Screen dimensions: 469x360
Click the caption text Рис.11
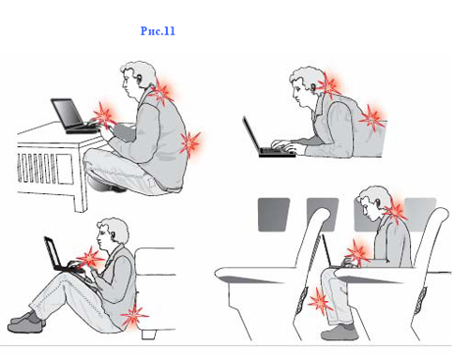(x=158, y=31)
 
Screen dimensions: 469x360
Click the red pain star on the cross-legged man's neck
(x=162, y=92)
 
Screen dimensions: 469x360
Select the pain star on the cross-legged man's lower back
(x=189, y=143)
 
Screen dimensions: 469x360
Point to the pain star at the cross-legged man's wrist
(x=103, y=115)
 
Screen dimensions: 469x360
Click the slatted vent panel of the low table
(x=37, y=169)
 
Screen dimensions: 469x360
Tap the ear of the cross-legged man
(x=139, y=79)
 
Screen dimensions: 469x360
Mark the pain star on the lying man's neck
(x=330, y=83)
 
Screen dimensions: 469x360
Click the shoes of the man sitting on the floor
(x=26, y=322)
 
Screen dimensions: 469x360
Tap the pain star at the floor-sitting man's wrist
(x=90, y=258)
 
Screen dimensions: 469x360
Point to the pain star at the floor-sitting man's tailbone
(x=134, y=316)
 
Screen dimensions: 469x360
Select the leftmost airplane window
(x=273, y=215)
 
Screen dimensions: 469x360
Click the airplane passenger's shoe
(x=340, y=333)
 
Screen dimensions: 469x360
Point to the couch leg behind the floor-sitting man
(x=148, y=335)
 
